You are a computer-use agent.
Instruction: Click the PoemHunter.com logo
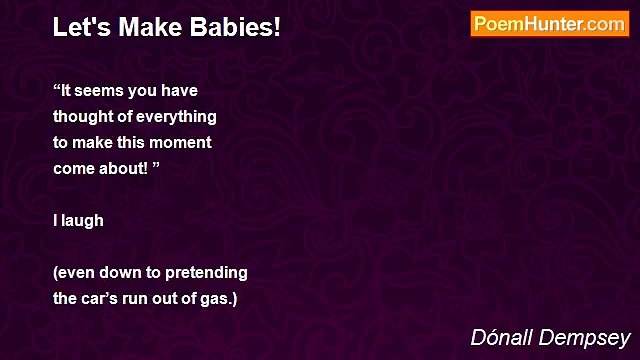point(549,24)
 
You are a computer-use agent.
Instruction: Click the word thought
point(84,116)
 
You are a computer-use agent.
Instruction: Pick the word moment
point(185,142)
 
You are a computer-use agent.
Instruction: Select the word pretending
point(206,272)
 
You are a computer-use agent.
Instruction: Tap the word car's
point(103,298)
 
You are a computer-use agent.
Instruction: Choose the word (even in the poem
point(75,272)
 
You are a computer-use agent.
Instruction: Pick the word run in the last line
point(144,298)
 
